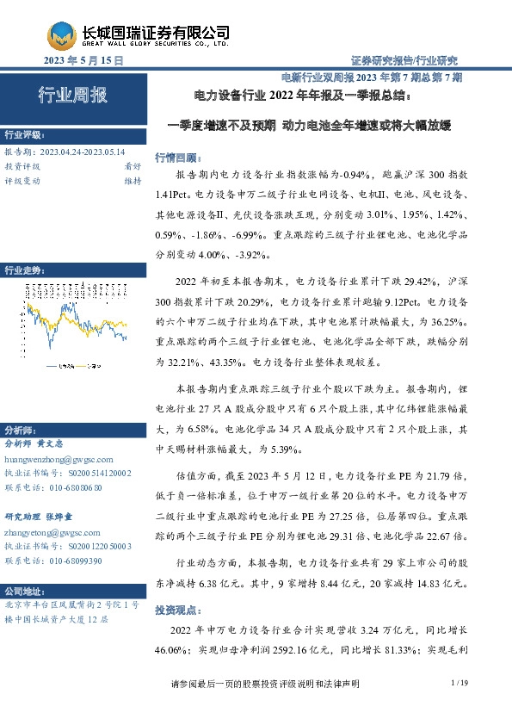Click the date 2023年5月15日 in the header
[83, 61]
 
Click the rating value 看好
[133, 166]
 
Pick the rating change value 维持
[133, 181]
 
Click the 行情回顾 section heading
[175, 158]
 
